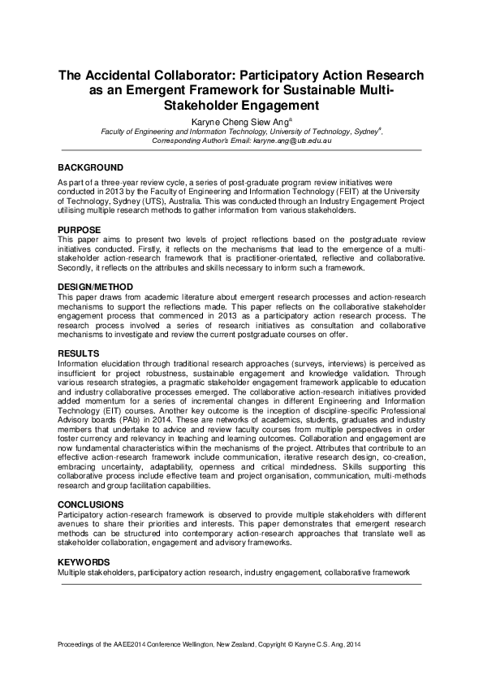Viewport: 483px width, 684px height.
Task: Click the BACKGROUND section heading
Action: pyautogui.click(x=90, y=167)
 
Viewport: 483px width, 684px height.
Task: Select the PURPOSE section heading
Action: pyautogui.click(x=79, y=230)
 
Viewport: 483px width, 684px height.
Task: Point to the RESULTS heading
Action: pyautogui.click(x=78, y=353)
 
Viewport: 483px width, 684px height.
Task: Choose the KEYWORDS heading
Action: pyautogui.click(x=84, y=561)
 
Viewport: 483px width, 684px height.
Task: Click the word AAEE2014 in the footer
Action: pyautogui.click(x=123, y=645)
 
